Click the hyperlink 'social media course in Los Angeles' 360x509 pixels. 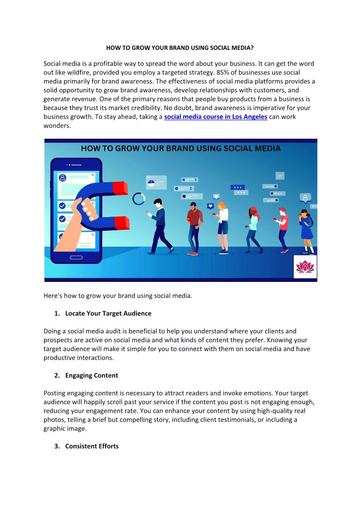coord(215,116)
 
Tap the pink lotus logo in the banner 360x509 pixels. coord(305,267)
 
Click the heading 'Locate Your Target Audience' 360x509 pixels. coord(108,313)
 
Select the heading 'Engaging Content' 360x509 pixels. coord(92,375)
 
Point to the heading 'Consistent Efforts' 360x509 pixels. coord(92,446)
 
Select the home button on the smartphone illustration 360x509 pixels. coord(76,257)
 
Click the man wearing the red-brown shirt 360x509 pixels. coord(194,227)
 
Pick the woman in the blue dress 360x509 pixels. coord(306,229)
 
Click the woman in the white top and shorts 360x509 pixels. coord(223,227)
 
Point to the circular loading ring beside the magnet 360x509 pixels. coord(138,199)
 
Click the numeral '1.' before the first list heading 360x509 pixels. coord(57,313)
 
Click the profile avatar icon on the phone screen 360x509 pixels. coord(63,178)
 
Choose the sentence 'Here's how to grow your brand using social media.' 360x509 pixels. coord(118,296)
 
